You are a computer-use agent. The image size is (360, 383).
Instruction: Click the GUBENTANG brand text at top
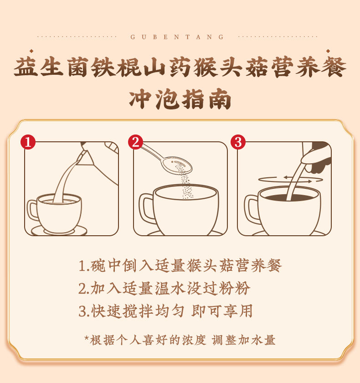178,37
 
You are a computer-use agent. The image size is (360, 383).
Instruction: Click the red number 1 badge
28,142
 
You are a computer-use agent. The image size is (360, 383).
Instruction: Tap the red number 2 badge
135,142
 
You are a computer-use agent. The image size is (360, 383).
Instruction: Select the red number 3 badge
237,142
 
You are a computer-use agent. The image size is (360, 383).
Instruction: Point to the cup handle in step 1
33,210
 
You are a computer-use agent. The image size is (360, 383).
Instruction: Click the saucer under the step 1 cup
59,231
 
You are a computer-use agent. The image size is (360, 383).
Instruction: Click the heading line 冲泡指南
180,99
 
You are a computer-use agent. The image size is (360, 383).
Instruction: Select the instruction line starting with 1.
180,265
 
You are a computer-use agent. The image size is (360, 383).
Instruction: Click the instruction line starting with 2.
164,288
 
